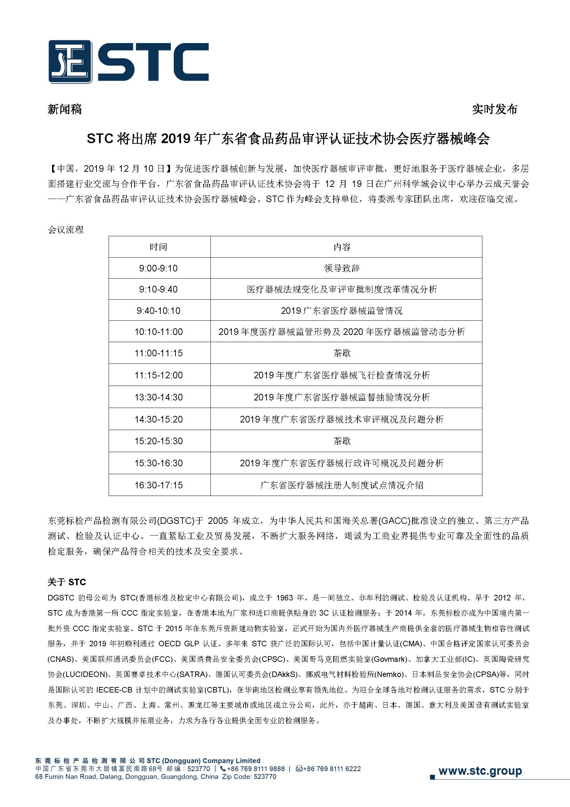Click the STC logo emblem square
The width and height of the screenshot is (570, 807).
click(70, 61)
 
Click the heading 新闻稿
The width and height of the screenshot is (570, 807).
click(65, 110)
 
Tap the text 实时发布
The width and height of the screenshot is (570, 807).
click(494, 110)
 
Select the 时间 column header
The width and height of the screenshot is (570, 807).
click(159, 247)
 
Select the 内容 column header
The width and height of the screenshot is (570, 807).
click(342, 247)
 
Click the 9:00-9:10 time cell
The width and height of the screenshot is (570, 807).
click(159, 268)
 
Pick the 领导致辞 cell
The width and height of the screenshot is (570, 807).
click(342, 268)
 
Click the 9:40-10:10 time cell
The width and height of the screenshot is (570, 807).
click(159, 311)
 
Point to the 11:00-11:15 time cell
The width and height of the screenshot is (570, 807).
click(159, 353)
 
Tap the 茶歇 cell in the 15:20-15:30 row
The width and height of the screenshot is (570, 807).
click(342, 441)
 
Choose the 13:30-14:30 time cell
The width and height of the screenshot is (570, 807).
click(159, 397)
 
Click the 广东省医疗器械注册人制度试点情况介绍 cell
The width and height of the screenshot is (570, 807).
click(342, 485)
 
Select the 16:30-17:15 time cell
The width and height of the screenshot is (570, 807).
click(159, 485)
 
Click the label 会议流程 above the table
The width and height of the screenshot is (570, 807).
click(66, 230)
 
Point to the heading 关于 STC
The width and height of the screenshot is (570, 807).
click(67, 582)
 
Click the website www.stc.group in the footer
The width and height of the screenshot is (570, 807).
click(480, 771)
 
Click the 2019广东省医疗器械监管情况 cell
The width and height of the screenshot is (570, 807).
click(342, 311)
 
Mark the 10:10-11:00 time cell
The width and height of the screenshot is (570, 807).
click(159, 332)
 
